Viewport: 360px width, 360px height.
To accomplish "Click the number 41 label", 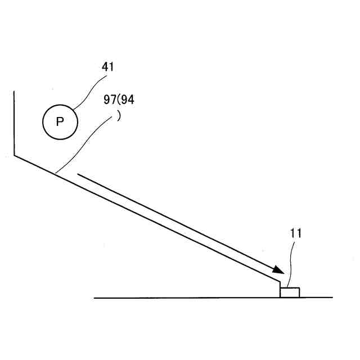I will tap(107, 66).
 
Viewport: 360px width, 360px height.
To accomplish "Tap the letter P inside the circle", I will tap(60, 121).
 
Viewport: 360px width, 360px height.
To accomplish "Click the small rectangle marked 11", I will tap(290, 292).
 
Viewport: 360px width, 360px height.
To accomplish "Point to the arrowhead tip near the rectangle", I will tap(282, 273).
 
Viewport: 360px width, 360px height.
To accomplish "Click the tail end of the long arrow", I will tap(77, 174).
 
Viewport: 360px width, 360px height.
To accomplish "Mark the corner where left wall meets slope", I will tap(13, 156).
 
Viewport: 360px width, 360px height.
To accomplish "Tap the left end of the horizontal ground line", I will tap(94, 298).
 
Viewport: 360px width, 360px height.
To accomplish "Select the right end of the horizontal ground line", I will tap(332, 298).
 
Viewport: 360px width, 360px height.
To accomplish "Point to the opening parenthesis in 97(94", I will tap(118, 100).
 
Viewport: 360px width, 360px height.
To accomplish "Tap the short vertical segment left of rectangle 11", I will tap(280, 290).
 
